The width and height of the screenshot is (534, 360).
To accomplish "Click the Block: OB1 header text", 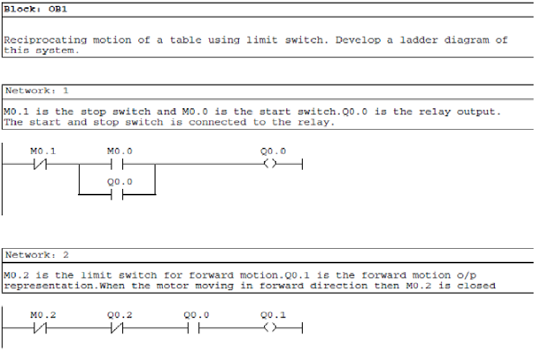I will [36, 10].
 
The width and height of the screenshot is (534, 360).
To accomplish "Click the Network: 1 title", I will [36, 91].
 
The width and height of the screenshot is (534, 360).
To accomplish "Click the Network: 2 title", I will [36, 255].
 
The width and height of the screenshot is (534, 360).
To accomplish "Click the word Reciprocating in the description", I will [45, 40].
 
